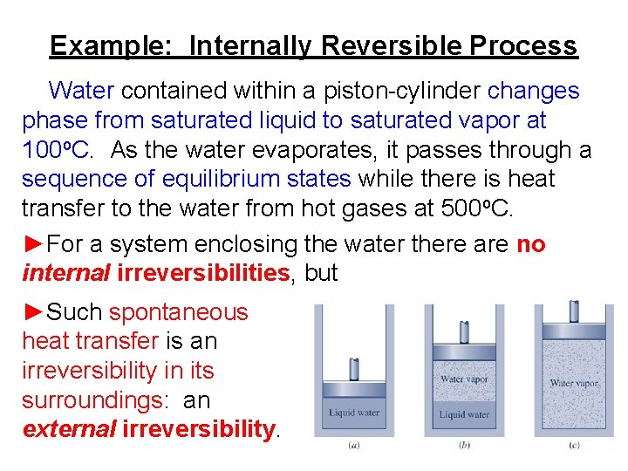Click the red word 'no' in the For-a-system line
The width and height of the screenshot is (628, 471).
point(530,244)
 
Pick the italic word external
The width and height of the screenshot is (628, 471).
point(69,429)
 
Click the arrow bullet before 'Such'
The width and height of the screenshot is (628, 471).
point(33,312)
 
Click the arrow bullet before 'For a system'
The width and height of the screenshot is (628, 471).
point(33,244)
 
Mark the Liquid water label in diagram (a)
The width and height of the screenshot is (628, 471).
point(354,413)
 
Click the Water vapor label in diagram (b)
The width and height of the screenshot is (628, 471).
point(464,379)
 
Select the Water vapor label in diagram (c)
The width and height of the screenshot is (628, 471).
point(574,383)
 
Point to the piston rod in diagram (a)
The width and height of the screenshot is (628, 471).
point(354,368)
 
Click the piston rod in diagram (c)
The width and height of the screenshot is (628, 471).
point(574,311)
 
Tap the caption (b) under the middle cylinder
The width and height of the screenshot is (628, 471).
point(463,445)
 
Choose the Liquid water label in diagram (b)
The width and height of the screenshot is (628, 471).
point(464,414)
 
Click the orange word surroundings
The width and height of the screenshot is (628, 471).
point(92,399)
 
